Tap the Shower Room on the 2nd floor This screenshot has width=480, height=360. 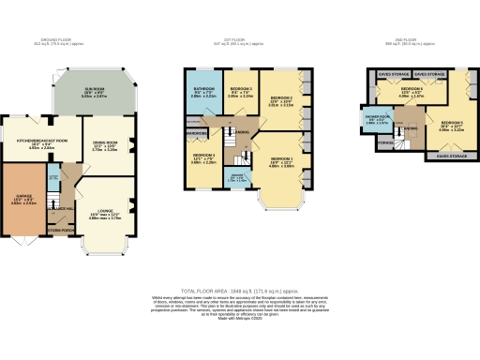click(375, 120)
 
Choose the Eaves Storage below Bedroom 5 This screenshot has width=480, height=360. click(452, 156)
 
